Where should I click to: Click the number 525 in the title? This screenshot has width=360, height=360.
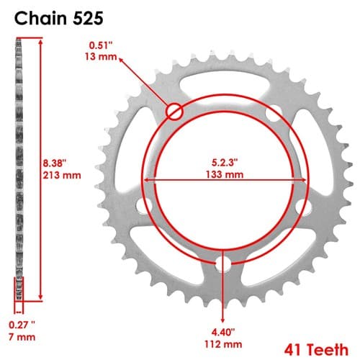point(88,18)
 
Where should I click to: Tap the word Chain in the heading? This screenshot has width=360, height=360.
point(41,18)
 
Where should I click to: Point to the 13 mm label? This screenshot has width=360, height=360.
point(101,57)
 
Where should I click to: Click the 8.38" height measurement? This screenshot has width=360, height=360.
point(54,163)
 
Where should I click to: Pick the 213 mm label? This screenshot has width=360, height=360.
point(62,175)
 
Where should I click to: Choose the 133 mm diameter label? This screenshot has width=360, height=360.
point(225,174)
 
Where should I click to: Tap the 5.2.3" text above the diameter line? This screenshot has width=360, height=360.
point(225,163)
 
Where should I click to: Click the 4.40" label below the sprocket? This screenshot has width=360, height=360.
point(223,333)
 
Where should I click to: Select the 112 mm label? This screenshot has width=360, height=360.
point(223,345)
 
